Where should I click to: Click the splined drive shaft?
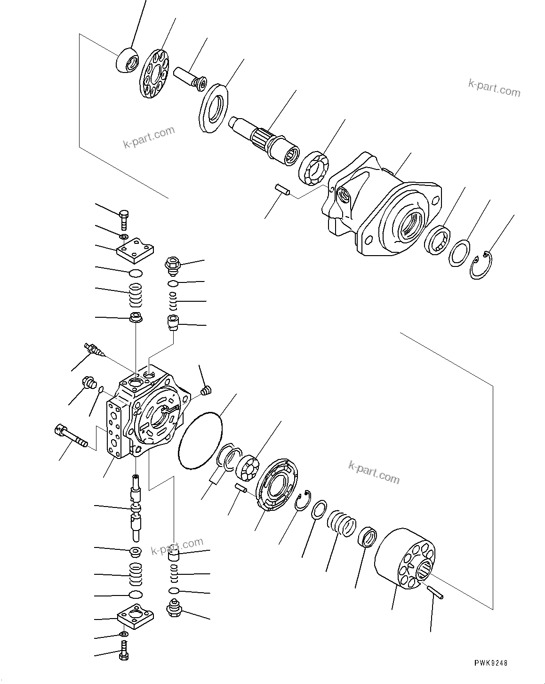coord(265,140)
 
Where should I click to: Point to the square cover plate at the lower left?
coord(136,617)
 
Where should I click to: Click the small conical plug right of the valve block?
coord(206,390)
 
